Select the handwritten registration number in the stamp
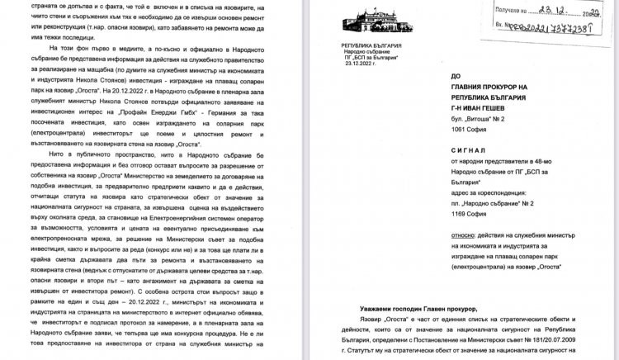coord(555,28)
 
